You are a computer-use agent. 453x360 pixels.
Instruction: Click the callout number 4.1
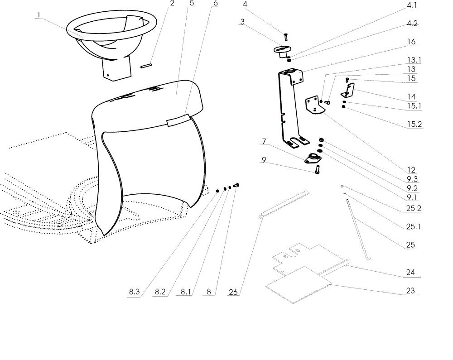412,5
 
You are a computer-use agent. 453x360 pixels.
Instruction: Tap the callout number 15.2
414,125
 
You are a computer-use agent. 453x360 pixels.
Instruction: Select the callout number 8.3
135,292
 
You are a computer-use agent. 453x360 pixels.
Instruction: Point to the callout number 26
233,292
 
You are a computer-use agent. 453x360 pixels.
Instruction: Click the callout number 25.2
414,208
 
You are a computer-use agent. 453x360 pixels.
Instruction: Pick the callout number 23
410,291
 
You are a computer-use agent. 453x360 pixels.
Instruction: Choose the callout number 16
411,42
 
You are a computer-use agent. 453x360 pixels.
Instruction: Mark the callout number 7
264,141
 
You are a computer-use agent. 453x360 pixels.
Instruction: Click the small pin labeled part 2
146,66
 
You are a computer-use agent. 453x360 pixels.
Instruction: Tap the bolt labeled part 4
286,37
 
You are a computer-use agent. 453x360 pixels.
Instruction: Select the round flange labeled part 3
282,51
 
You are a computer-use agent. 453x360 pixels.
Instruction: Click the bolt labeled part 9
317,169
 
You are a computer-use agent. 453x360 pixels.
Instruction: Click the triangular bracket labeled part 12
314,106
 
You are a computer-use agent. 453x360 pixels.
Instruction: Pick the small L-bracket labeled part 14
347,91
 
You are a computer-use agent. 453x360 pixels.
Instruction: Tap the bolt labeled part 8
236,185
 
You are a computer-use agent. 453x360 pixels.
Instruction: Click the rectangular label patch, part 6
178,120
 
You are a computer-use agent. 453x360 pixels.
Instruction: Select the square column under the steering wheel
117,69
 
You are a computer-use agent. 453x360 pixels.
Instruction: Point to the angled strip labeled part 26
284,205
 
